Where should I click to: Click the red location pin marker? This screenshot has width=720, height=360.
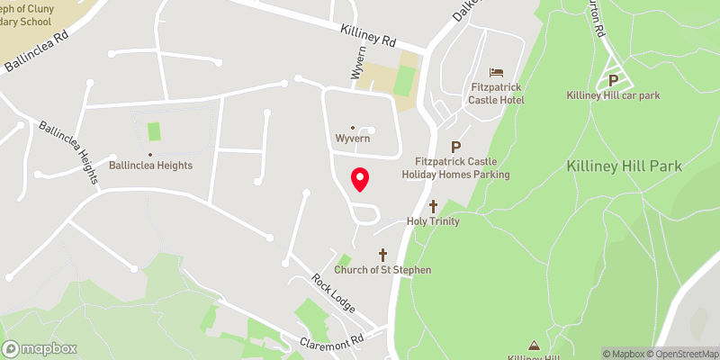[x=360, y=179]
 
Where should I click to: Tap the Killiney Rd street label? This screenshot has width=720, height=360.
[x=368, y=35]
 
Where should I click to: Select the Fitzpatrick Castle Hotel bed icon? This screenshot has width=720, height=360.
[x=497, y=72]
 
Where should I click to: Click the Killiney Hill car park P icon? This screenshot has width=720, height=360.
[x=615, y=79]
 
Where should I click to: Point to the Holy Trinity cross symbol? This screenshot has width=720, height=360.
[x=433, y=206]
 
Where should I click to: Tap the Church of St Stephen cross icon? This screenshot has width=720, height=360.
[x=382, y=255]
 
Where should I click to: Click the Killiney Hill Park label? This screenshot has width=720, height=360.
[x=624, y=166]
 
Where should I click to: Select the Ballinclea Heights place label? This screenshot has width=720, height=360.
[x=149, y=166]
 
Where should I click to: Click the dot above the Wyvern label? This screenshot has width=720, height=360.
[x=352, y=128]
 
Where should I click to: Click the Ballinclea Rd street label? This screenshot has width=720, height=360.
[x=36, y=54]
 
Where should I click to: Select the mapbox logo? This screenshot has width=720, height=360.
[x=40, y=348]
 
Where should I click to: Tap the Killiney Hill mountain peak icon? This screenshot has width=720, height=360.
[x=534, y=344]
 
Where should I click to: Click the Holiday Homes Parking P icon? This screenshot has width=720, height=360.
[x=455, y=148]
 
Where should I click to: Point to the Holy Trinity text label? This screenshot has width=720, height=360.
[x=433, y=221]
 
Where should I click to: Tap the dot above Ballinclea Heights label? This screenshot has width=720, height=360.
[x=149, y=154]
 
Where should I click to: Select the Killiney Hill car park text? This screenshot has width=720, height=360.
[x=615, y=95]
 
